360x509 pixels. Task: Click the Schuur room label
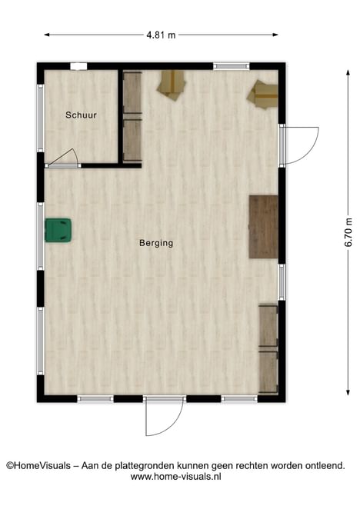tap(81, 115)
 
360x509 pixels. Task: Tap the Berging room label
tap(156, 243)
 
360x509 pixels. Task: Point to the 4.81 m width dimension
tap(161, 35)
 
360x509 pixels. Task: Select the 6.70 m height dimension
tap(348, 232)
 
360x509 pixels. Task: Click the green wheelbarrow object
tap(58, 230)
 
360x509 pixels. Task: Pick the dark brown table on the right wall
tap(264, 227)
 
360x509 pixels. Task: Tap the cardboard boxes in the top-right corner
tap(262, 94)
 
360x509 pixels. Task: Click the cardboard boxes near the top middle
tap(172, 85)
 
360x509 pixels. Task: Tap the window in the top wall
tap(232, 66)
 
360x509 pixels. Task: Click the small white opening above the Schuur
tap(78, 66)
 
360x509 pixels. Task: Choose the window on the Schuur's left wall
tap(40, 118)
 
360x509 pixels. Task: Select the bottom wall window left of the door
tap(95, 398)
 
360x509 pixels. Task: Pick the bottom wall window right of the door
tap(239, 398)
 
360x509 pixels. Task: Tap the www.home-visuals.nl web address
tap(176, 477)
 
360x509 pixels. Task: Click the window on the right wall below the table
tap(282, 282)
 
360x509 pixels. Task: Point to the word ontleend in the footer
tap(325, 466)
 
